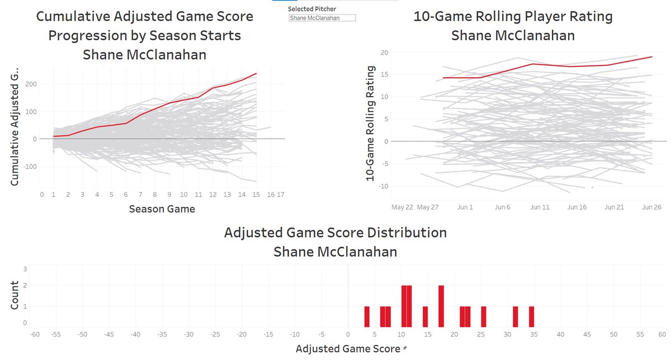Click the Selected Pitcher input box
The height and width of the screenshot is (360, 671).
(322, 18)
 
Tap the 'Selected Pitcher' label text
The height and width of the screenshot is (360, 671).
(308, 10)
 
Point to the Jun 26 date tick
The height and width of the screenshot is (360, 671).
(652, 207)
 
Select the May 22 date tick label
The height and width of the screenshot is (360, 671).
(403, 207)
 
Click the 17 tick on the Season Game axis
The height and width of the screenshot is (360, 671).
(281, 195)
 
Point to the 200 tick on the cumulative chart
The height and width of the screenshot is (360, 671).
(29, 84)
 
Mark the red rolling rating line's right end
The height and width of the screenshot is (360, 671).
(652, 56)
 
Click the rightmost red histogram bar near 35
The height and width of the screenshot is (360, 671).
(532, 316)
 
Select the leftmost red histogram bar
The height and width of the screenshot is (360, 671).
(367, 316)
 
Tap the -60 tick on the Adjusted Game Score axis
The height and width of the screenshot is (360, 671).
(35, 334)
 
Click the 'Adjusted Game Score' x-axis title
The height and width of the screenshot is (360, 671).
(346, 349)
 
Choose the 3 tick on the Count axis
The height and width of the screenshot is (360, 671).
(24, 269)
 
